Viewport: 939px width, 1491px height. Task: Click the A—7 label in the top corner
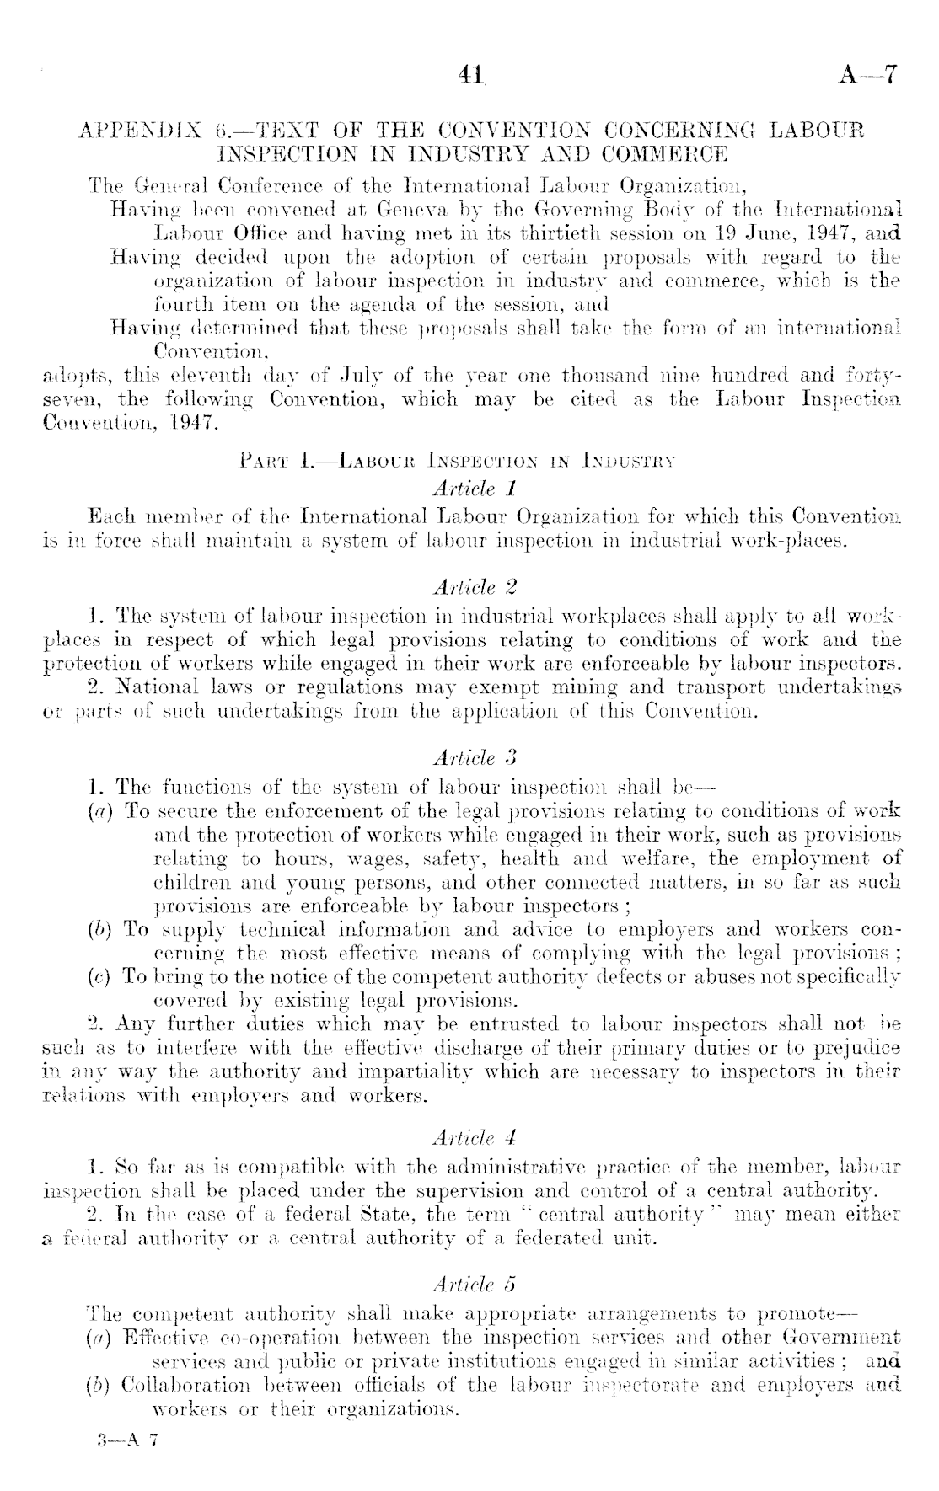(869, 76)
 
